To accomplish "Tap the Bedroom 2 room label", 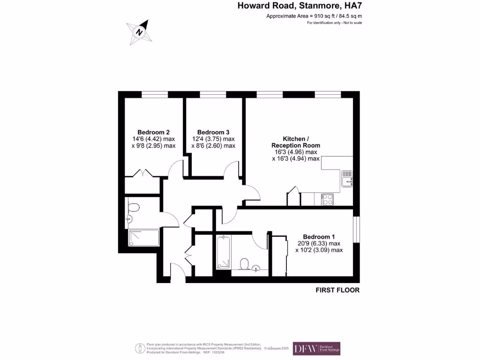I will coord(153,132).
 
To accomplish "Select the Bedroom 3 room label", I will coord(213,132).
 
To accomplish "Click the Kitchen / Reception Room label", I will coord(296,142).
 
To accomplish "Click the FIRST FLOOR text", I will coord(337,290).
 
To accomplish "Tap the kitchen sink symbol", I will coord(347,179).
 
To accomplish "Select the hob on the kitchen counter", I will coord(326,199).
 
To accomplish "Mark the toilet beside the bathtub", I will coord(244,265).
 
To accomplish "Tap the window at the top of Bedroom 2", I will coord(155,95).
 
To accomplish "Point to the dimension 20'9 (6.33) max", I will coord(319,243).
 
